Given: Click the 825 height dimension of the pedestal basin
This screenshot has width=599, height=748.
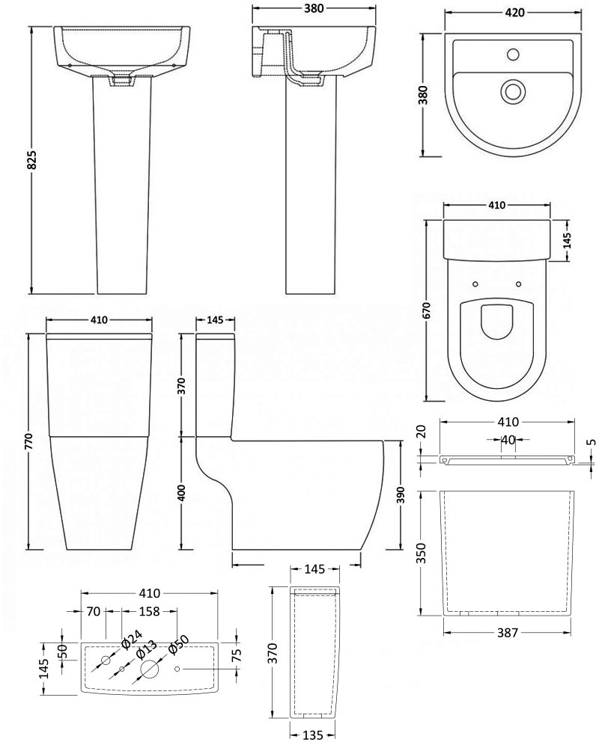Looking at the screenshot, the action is point(32,160).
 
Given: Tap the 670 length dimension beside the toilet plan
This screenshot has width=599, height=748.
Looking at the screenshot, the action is point(426,310).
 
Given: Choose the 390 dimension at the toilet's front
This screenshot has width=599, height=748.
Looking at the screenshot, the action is point(401,495).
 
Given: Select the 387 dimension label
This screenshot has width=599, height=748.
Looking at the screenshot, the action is point(508,633).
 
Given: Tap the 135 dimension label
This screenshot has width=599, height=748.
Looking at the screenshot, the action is point(314,735).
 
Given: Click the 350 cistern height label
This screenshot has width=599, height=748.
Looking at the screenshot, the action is point(421,553).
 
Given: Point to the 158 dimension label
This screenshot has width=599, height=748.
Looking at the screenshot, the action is point(149,611).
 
